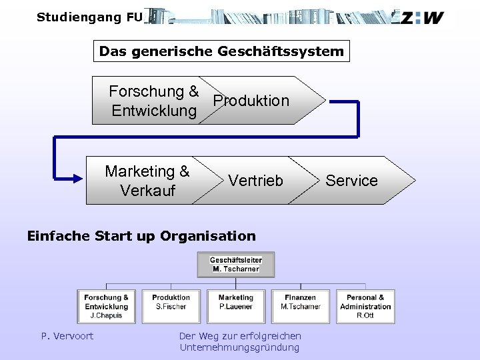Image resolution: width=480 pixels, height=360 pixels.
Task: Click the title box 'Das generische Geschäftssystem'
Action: click(221, 51)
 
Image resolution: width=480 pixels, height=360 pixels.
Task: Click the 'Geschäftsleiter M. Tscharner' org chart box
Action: click(236, 264)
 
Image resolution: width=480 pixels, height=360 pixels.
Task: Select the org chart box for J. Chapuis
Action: click(107, 306)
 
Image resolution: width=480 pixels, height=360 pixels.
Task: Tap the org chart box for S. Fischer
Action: click(171, 306)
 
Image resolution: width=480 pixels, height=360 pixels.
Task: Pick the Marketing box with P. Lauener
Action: click(236, 306)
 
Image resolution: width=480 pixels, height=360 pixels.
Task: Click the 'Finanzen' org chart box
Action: click(300, 306)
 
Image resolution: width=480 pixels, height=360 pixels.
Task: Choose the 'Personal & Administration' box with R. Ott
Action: click(365, 306)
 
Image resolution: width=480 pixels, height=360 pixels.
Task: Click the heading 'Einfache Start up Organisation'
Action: click(141, 235)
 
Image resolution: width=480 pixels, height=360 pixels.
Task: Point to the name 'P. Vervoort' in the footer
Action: click(67, 336)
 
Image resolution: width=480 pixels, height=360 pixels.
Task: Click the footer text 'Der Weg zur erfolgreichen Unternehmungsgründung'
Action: click(240, 341)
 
